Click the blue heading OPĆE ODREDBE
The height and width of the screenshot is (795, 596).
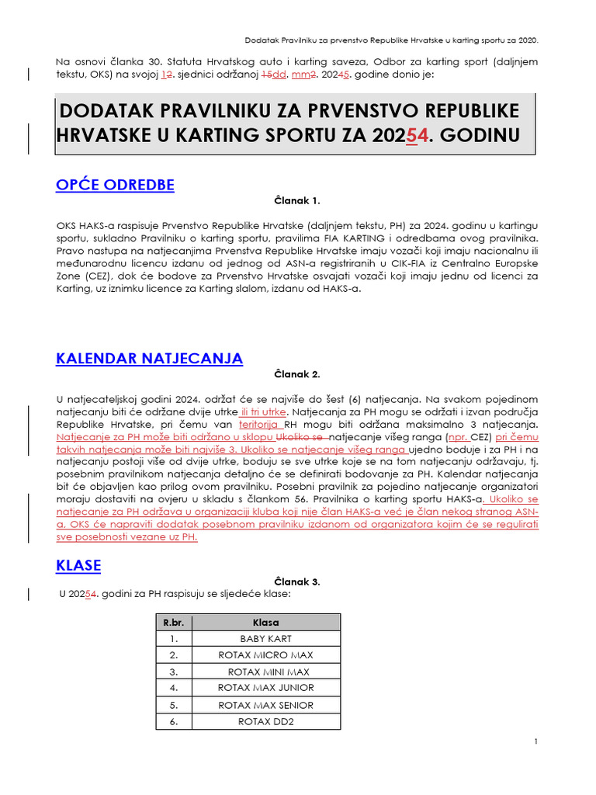click(x=115, y=184)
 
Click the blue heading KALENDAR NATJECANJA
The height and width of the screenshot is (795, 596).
click(x=149, y=358)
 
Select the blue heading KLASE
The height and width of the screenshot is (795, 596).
click(x=78, y=565)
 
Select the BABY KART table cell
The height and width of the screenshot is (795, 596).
click(x=266, y=639)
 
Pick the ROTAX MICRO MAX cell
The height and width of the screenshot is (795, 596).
click(x=266, y=655)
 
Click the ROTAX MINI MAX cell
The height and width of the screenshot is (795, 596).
click(x=266, y=672)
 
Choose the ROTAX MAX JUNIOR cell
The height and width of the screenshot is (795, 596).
click(x=266, y=688)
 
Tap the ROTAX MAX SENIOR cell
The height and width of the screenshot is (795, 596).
click(x=266, y=705)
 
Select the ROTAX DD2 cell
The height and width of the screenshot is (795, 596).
click(x=266, y=721)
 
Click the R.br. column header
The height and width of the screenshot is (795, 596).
click(x=174, y=623)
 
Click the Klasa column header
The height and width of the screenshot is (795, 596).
click(x=266, y=623)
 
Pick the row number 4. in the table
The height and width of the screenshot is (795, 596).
click(x=174, y=688)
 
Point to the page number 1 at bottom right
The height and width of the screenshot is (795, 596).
click(x=536, y=742)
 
